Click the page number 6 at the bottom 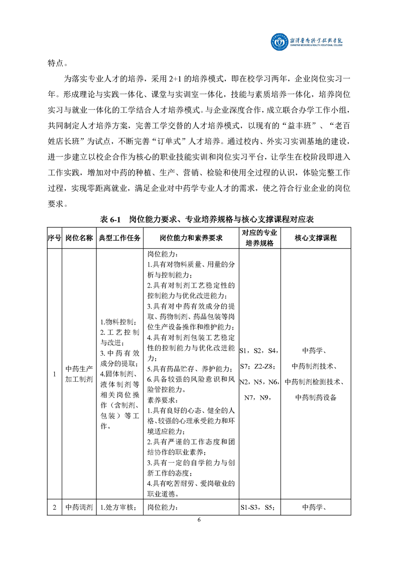point(199,520)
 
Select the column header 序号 point(54,237)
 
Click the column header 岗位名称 point(79,237)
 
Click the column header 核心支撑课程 point(316,237)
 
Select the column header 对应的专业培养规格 point(259,237)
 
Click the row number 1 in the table point(54,374)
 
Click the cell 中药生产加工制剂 point(79,374)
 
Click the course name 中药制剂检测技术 point(316,382)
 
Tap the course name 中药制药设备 point(316,397)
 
